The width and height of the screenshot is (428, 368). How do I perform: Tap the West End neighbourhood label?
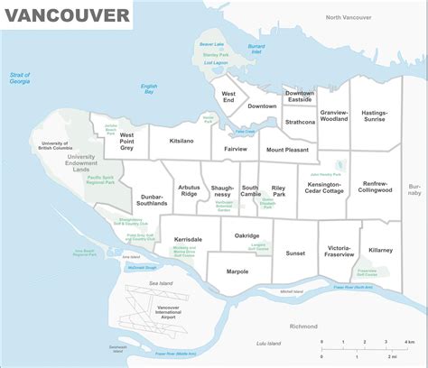(228, 97)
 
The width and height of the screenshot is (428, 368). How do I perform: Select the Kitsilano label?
(181, 142)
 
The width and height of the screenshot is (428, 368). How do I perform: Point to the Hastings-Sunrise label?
(373, 115)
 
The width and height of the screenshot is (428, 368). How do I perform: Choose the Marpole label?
(237, 271)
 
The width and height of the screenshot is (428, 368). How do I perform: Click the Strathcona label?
(300, 122)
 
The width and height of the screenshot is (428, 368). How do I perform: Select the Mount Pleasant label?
(287, 150)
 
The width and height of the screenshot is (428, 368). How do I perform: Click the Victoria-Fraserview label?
(340, 250)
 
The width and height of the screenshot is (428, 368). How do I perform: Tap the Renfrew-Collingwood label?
(375, 187)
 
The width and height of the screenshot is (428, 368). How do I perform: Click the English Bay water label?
(149, 88)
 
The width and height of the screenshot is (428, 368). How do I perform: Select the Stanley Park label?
(214, 54)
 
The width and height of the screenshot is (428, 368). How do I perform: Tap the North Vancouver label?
(349, 17)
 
